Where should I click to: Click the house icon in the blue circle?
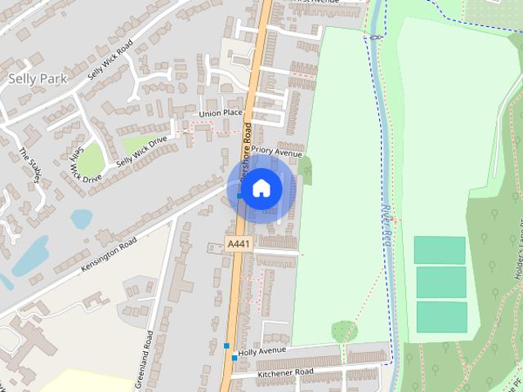click(x=261, y=189)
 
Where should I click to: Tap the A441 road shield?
click(x=239, y=244)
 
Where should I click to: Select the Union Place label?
click(x=221, y=113)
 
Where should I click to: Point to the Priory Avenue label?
click(x=276, y=152)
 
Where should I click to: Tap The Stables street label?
click(x=29, y=165)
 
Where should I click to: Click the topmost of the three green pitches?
click(x=440, y=250)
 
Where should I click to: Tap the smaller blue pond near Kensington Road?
click(x=82, y=218)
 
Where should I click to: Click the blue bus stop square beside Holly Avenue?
click(x=235, y=358)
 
